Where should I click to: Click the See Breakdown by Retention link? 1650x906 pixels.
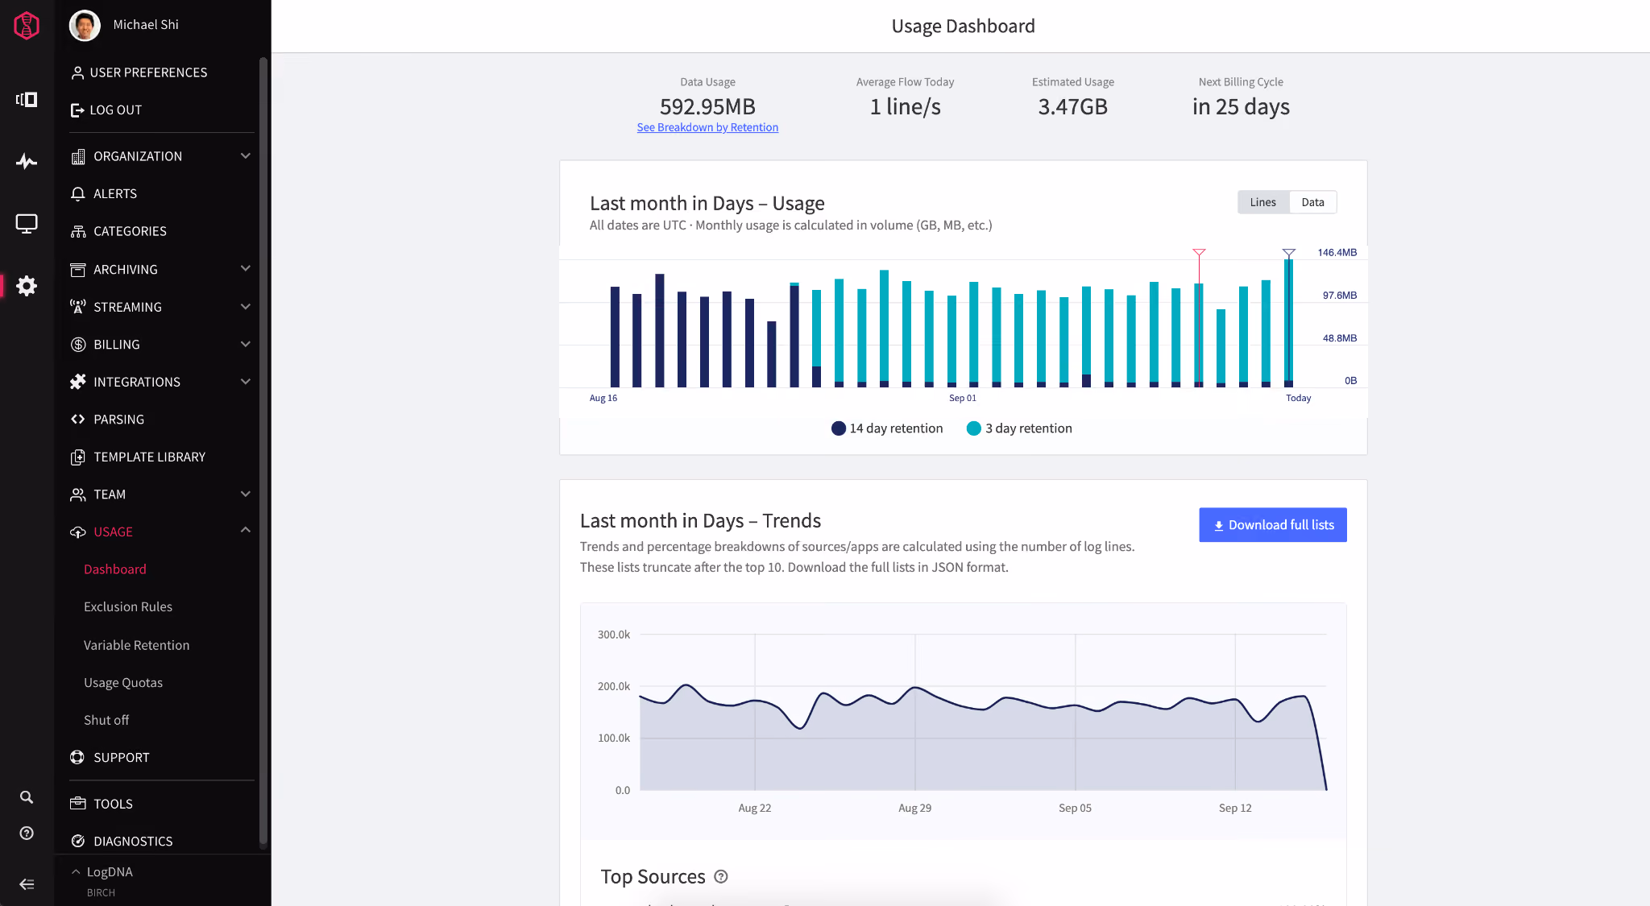click(707, 127)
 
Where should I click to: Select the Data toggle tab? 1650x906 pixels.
click(1312, 202)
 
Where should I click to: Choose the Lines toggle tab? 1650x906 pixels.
click(1262, 202)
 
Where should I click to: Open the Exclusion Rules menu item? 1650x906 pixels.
click(128, 606)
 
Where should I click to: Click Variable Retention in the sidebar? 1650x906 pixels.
click(137, 645)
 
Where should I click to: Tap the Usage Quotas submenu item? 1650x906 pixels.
click(123, 682)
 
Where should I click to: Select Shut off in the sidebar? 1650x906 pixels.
click(106, 720)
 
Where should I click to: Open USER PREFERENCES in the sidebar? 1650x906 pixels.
click(139, 72)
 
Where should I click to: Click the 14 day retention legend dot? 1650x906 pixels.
click(839, 428)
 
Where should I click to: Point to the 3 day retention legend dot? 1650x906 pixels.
click(974, 428)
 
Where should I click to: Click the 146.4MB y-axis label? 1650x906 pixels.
click(1337, 253)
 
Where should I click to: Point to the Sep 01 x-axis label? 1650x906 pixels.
click(963, 398)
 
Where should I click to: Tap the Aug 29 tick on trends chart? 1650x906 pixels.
click(915, 808)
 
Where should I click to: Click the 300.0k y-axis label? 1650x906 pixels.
click(614, 635)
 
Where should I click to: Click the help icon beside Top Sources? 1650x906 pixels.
click(721, 877)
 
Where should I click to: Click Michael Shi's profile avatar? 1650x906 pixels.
click(85, 25)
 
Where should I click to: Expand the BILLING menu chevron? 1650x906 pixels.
click(246, 344)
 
